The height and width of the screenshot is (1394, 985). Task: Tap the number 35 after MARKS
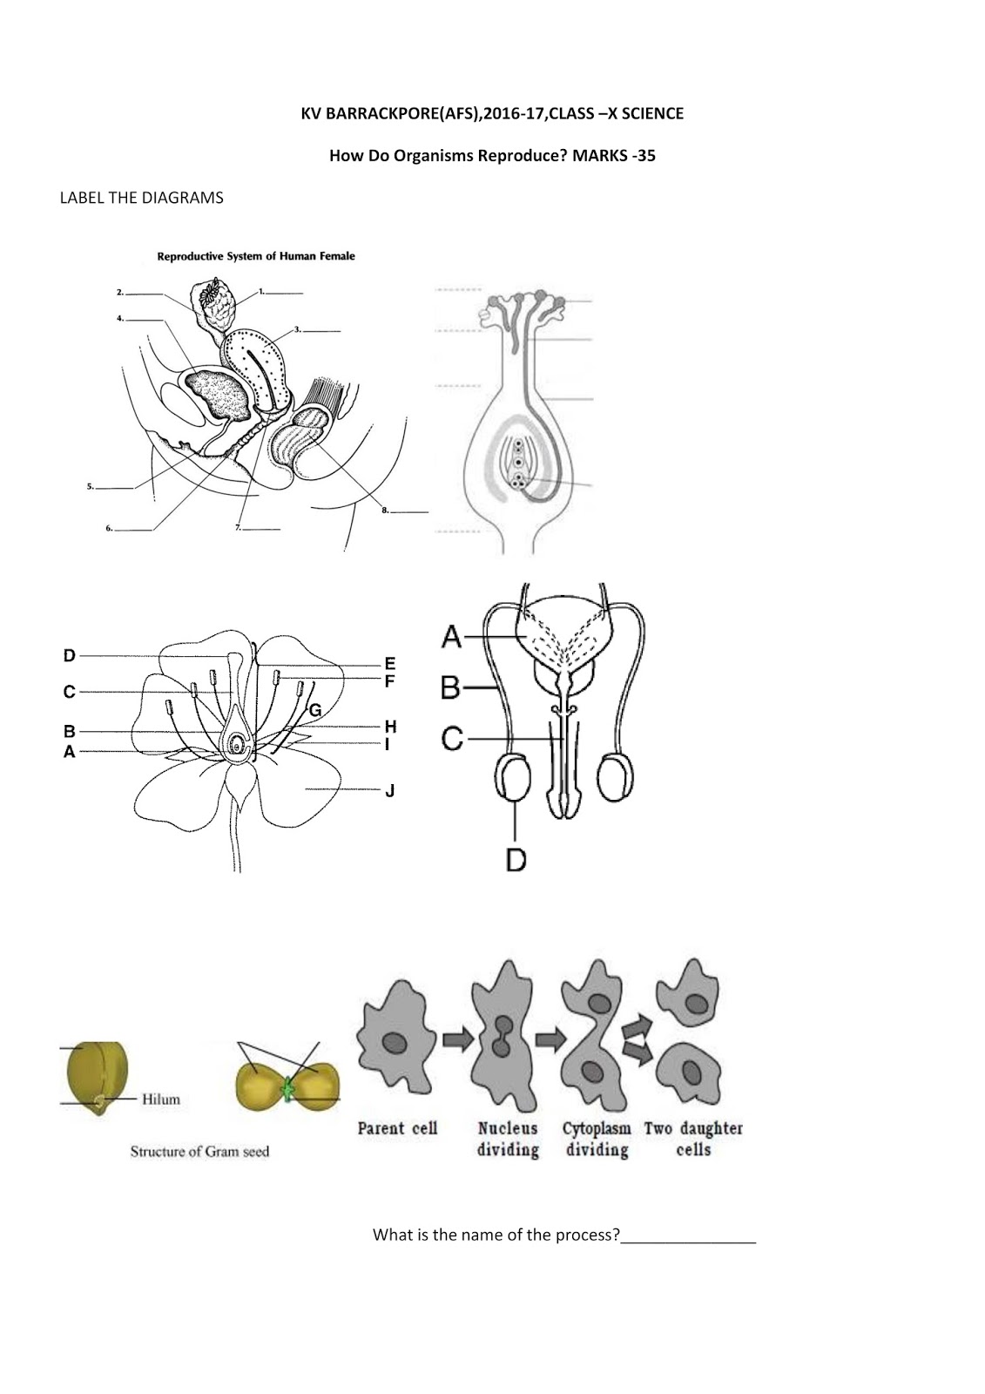pos(644,157)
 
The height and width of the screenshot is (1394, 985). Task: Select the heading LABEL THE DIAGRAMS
pos(141,198)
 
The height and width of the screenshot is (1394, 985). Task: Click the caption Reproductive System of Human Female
pos(255,256)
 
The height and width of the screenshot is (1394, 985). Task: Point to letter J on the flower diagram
pos(390,791)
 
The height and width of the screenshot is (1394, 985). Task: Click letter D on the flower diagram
pos(70,655)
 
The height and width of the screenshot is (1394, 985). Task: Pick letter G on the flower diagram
pos(315,710)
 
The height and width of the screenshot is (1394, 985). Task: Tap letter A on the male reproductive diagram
pos(451,638)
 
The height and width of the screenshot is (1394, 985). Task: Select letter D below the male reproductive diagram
pos(516,861)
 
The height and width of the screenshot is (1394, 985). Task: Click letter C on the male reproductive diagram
pos(451,740)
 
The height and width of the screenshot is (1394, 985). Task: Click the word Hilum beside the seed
pos(161,1100)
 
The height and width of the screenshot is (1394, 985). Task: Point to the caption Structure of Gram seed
pos(199,1152)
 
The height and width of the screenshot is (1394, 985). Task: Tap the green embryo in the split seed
pos(288,1088)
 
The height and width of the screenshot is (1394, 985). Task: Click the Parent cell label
pos(397,1128)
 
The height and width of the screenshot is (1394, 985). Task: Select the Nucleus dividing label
pos(508,1139)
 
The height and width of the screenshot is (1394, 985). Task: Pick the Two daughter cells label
pos(693,1139)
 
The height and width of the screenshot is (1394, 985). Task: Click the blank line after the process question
pos(688,1237)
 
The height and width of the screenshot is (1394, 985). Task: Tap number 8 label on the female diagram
pos(385,511)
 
